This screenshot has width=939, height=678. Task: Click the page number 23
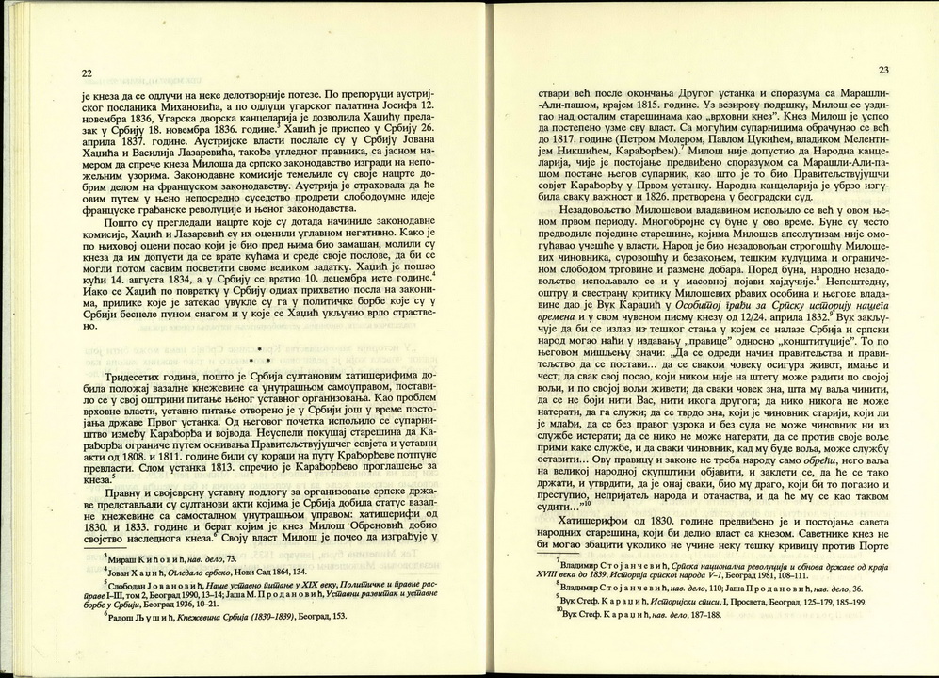point(882,70)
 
